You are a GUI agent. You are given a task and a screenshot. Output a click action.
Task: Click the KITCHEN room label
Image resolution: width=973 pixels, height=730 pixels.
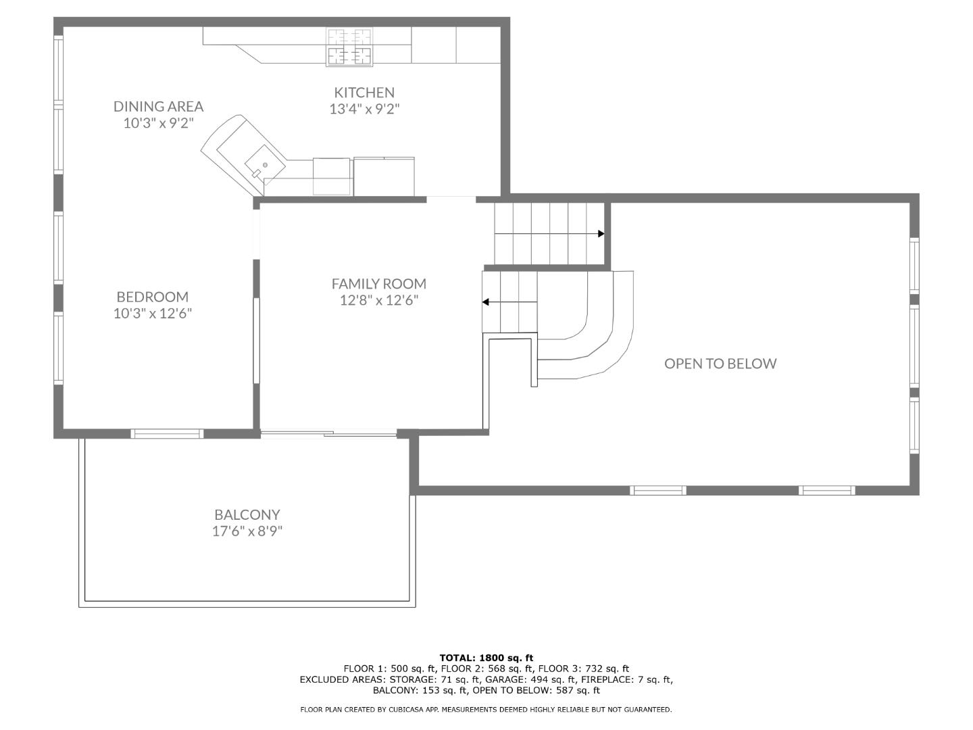coord(364,93)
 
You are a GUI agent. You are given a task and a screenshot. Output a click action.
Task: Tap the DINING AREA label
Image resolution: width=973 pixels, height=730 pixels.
coord(158,106)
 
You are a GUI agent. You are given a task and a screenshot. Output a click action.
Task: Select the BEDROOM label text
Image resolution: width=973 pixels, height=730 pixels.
coord(152,297)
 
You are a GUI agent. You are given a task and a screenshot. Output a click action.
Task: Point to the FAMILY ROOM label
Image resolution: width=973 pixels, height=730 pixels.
coord(378,284)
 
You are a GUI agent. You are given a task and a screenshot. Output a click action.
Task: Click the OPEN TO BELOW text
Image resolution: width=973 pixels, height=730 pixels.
coord(720,364)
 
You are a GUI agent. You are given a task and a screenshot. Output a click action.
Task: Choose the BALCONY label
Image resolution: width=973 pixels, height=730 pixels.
coord(247,514)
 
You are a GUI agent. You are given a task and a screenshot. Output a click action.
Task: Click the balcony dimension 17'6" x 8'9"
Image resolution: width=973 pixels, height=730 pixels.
coord(247,531)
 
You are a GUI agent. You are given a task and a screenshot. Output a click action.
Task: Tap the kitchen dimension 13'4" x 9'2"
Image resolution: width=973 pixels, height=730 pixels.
coord(364,109)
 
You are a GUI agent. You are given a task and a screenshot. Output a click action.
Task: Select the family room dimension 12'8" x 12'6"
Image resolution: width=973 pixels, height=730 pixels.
coord(378,301)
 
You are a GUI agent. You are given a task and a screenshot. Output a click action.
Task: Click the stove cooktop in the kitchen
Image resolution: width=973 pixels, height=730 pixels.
coord(349,47)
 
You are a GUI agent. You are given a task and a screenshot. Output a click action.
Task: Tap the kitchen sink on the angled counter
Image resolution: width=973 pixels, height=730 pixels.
coord(261,163)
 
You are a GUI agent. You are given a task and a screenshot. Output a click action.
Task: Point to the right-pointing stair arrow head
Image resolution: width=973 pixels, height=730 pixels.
coord(601,234)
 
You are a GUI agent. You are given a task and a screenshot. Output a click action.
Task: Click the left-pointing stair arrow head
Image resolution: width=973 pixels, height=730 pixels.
coord(486,302)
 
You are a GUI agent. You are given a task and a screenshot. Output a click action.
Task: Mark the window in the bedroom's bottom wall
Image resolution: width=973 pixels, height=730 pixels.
coord(167,434)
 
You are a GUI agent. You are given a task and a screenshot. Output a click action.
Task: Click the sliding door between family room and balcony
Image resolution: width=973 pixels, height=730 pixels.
coord(328,434)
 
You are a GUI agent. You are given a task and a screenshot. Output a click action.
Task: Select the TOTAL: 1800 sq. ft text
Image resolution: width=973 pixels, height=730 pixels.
coord(486,658)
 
